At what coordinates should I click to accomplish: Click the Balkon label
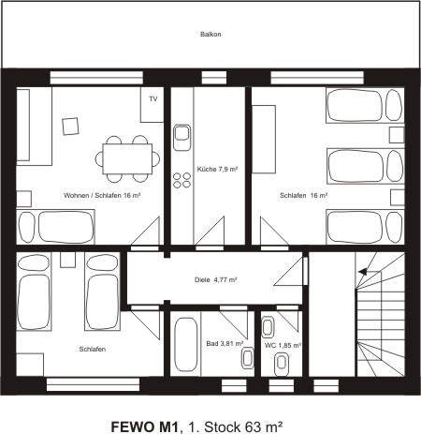click(x=210, y=35)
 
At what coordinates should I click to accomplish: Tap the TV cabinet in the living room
click(x=152, y=105)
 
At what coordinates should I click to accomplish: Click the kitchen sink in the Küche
click(x=182, y=137)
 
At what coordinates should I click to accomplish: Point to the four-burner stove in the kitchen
click(x=182, y=180)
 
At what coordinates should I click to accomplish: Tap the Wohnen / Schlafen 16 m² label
click(x=102, y=196)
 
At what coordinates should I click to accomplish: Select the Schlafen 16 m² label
click(x=303, y=196)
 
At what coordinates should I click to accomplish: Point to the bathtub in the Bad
click(x=184, y=347)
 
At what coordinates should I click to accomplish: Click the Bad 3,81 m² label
click(x=225, y=344)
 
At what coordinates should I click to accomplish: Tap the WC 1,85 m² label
click(x=282, y=345)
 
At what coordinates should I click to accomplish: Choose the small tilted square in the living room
click(x=69, y=125)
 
